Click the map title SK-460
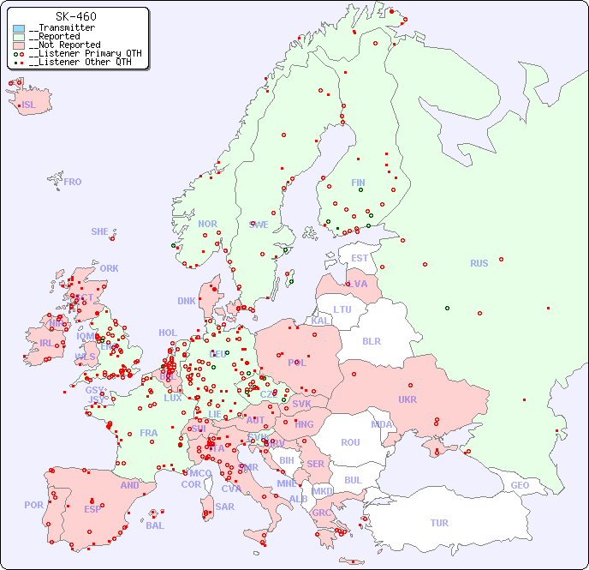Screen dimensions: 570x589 [x=75, y=16]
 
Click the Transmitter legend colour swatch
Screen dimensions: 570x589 [x=19, y=28]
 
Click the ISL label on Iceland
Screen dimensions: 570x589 [x=29, y=105]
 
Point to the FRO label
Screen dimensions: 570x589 [x=73, y=182]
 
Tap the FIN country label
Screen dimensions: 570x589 [x=358, y=183]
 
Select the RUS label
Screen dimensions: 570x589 [x=479, y=263]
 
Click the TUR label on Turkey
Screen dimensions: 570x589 [x=439, y=523]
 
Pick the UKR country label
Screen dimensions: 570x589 [x=407, y=399]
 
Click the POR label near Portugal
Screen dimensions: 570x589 [x=33, y=505]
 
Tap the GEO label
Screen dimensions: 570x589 [x=520, y=485]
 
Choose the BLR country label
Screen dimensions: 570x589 [x=371, y=340]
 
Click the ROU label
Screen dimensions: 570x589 [x=350, y=442]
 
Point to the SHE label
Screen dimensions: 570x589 [x=100, y=231]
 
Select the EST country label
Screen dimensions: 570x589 [x=360, y=258]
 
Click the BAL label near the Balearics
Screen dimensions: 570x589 [x=154, y=525]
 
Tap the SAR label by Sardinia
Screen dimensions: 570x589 [x=224, y=507]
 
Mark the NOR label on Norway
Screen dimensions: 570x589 [x=207, y=224]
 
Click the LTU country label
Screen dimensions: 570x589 [x=342, y=309]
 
